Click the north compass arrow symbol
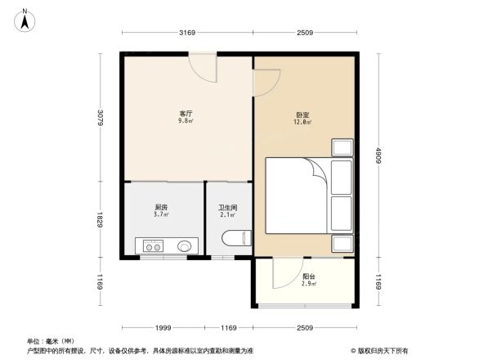(x=25, y=19)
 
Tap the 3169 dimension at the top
(x=187, y=33)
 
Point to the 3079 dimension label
(x=99, y=118)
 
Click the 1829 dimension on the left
(x=99, y=219)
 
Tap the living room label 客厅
(x=186, y=114)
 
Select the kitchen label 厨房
(x=162, y=208)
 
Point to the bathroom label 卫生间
(x=228, y=208)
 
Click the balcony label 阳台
(x=307, y=277)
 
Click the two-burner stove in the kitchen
(x=153, y=245)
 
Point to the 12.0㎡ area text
(x=302, y=123)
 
